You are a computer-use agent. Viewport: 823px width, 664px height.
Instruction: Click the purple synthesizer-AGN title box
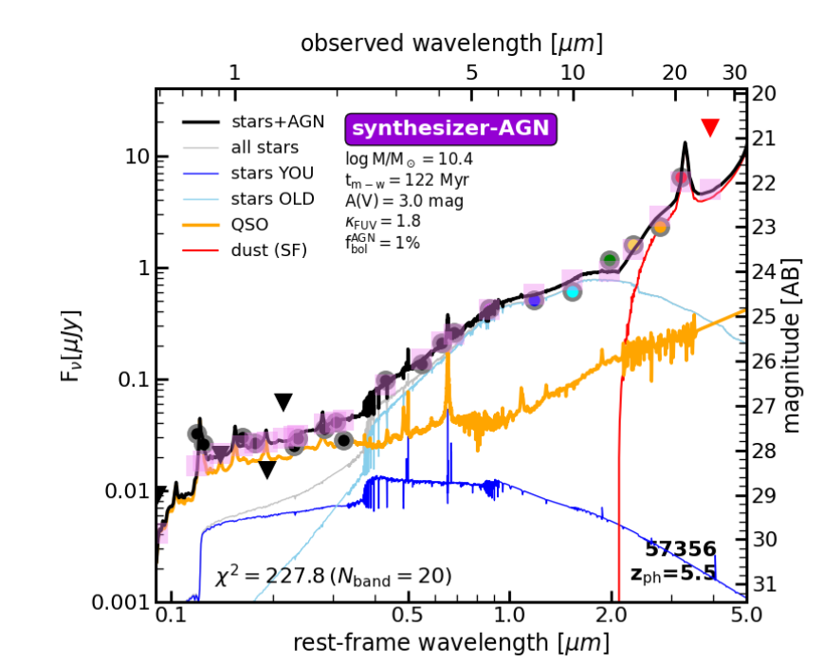click(x=450, y=128)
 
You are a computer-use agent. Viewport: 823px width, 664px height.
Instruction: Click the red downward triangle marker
click(x=710, y=127)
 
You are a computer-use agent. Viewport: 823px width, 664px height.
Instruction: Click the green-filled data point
click(x=610, y=260)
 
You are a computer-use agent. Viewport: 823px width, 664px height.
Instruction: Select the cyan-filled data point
click(x=572, y=291)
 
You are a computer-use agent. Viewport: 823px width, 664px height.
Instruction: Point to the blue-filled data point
click(x=535, y=300)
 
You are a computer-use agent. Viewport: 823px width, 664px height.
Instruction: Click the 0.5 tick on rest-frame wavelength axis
click(x=408, y=616)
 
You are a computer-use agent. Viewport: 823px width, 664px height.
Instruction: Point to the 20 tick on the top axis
click(x=674, y=72)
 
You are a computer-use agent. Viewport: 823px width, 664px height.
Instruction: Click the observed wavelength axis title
click(x=452, y=44)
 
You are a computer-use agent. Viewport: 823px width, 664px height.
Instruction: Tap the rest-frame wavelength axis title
click(x=451, y=643)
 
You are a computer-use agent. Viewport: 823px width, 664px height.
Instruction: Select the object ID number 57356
click(x=681, y=548)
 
